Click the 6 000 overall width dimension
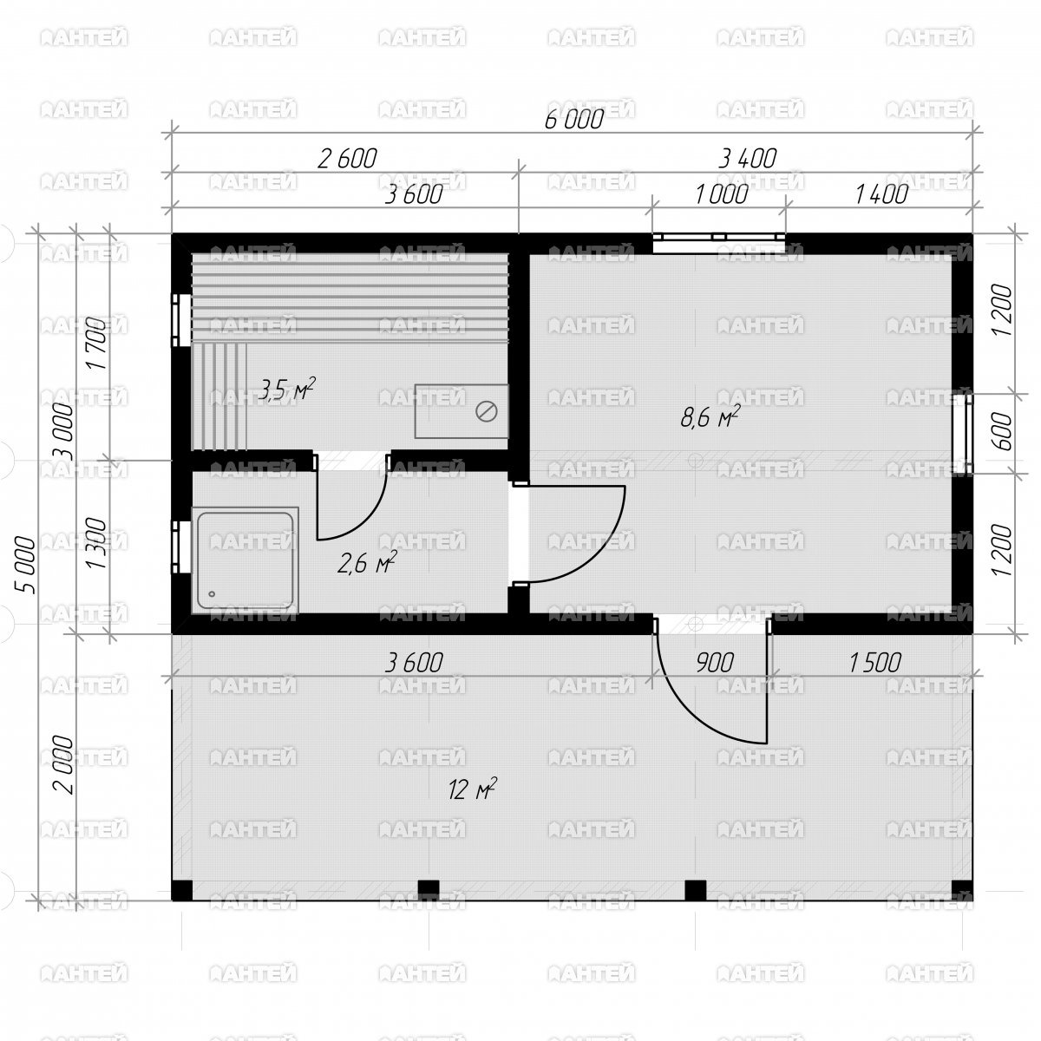coord(573,120)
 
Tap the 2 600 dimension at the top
coord(346,159)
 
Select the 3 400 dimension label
coord(747,159)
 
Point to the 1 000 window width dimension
coord(721,194)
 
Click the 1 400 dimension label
coord(881,194)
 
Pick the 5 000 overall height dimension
coord(25,565)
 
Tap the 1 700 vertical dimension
coord(98,344)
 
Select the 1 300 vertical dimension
coord(98,542)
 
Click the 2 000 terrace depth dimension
coord(62,764)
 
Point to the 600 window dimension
coord(1003,430)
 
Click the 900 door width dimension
coord(714,662)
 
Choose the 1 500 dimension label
coord(874,662)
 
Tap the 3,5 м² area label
coord(286,389)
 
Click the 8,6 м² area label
coord(710,417)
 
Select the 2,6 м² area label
coord(367,563)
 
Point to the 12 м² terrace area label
coord(472,789)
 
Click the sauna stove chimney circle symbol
coord(486,412)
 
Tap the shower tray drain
coord(211,593)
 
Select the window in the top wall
coord(718,243)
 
